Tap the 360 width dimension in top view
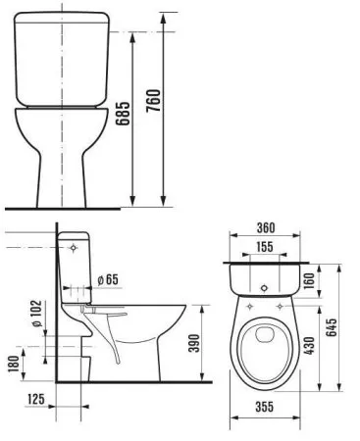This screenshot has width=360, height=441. click(262, 227)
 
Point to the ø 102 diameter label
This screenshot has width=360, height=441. click(36, 315)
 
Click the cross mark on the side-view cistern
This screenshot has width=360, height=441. click(75, 249)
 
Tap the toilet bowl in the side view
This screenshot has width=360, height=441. click(147, 323)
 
